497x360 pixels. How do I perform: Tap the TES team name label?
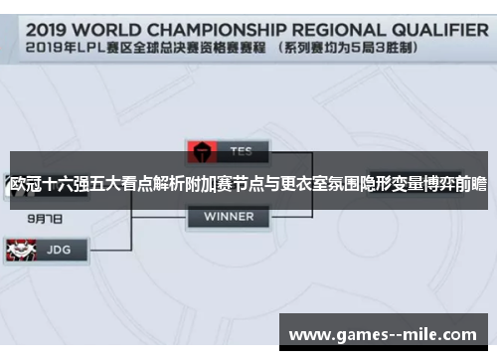pyautogui.click(x=241, y=152)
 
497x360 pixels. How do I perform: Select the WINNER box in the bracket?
pyautogui.click(x=229, y=216)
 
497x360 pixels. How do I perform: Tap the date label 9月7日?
pyautogui.click(x=46, y=217)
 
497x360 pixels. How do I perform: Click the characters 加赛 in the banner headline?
pyautogui.click(x=197, y=184)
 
